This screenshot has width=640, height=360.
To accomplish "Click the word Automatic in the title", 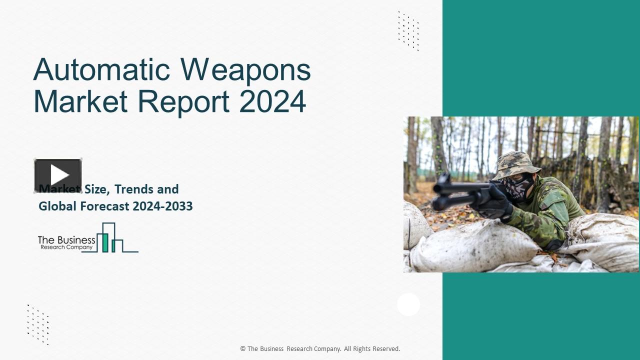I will click(102, 69).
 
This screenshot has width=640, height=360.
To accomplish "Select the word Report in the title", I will click(183, 101).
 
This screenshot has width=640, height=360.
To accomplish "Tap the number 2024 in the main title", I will click(272, 101).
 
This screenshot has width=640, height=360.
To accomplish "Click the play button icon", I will click(58, 175).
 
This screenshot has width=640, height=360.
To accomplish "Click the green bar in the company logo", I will click(105, 242).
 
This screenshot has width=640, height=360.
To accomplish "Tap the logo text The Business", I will click(66, 240).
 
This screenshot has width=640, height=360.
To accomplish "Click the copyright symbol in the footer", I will click(242, 349).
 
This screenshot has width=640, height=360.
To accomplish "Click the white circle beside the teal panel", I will click(408, 304).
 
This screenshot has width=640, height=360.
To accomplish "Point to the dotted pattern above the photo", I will click(408, 30).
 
